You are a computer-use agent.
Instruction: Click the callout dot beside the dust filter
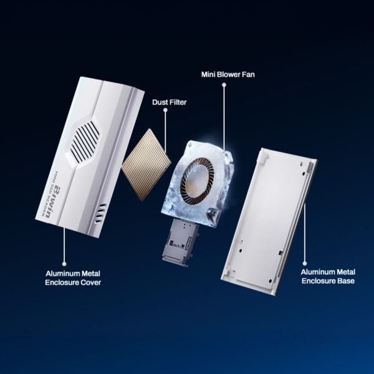click(x=165, y=110)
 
